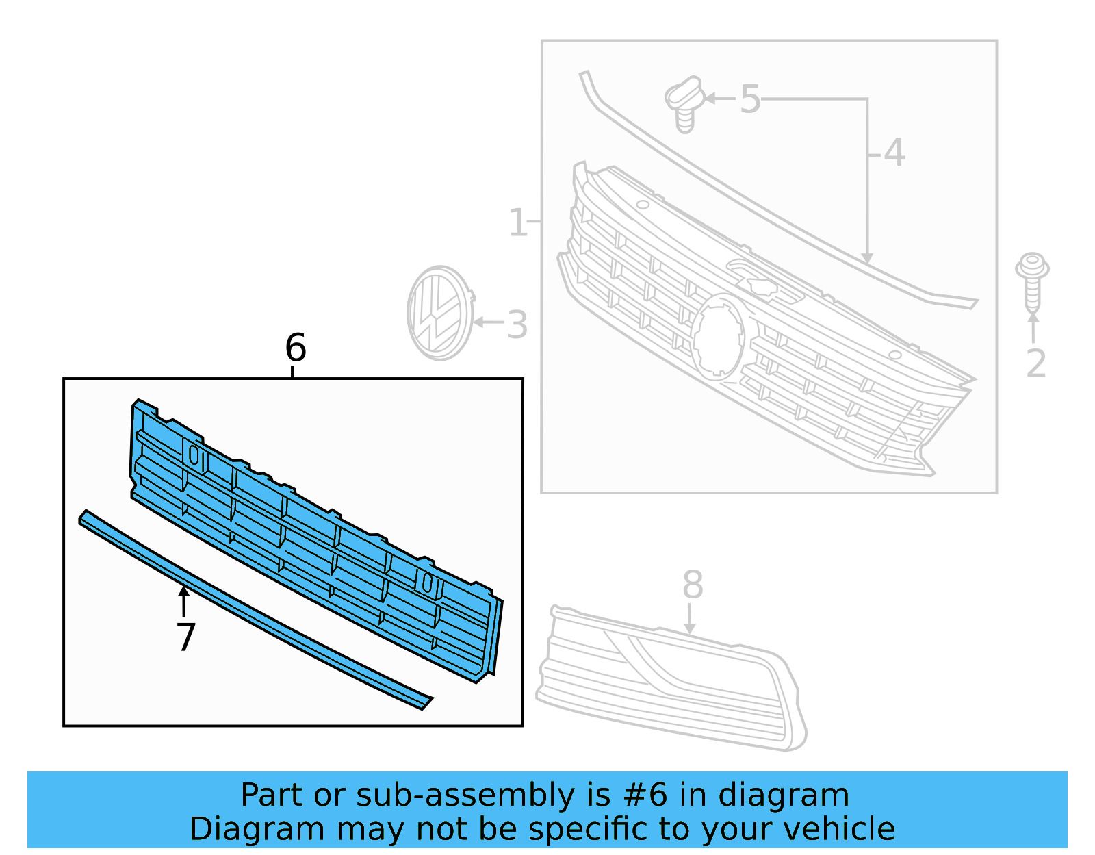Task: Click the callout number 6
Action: point(295,348)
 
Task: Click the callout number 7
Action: point(185,637)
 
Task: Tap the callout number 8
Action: point(693,585)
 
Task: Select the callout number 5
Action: point(750,100)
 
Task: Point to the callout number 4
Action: point(894,153)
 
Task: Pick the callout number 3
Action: point(517,325)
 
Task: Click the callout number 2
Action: point(1035,363)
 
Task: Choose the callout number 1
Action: point(518,223)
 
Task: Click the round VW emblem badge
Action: point(439,314)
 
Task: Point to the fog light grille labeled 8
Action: point(671,678)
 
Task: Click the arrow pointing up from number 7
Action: point(183,601)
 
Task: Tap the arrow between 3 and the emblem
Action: point(488,322)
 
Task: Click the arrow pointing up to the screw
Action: point(1033,327)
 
